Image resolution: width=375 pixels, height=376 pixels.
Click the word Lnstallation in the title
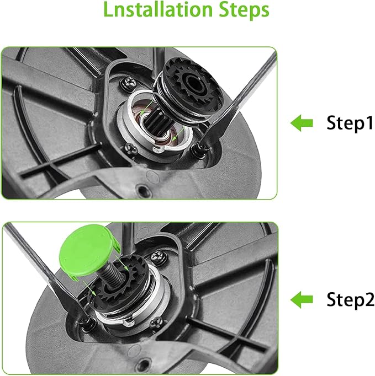pyautogui.click(x=157, y=9)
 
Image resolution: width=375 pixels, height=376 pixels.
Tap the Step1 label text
pyautogui.click(x=350, y=123)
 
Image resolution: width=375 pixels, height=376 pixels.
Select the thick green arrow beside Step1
pyautogui.click(x=302, y=123)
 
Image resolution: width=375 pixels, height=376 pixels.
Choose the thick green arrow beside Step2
pyautogui.click(x=302, y=299)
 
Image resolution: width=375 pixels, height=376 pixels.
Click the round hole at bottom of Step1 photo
pyautogui.click(x=142, y=191)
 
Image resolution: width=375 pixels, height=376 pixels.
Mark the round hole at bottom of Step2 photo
pyautogui.click(x=144, y=365)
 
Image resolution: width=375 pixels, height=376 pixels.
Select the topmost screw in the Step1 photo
pyautogui.click(x=128, y=83)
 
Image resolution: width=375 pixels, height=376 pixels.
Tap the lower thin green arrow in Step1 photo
pyautogui.click(x=178, y=134)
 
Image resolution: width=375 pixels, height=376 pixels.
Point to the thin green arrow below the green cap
pyautogui.click(x=89, y=288)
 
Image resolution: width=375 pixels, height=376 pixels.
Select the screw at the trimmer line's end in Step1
pyautogui.click(x=200, y=150)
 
